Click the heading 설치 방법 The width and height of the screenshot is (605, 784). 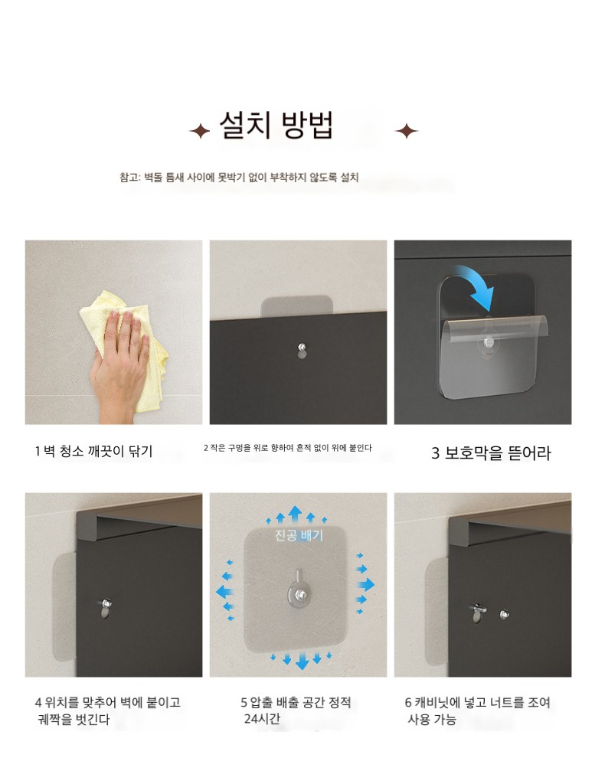point(276,125)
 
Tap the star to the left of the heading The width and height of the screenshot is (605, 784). point(200,132)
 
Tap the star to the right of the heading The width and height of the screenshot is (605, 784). point(407,132)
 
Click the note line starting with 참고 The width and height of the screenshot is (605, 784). point(239,178)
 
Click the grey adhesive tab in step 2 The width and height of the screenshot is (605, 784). point(297,305)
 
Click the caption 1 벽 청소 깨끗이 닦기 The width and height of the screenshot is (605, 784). point(93,451)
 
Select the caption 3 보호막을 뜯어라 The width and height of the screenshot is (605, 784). point(491,453)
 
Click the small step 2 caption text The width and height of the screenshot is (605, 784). point(287,448)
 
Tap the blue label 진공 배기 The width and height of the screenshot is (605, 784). point(299,535)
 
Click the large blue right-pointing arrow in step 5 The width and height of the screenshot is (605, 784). point(366,584)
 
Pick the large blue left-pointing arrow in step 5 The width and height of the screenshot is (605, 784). point(225,592)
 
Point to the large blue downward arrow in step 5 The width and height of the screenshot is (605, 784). point(301,661)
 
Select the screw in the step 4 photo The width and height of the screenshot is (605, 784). point(106,603)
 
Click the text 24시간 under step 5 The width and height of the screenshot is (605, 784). point(261,719)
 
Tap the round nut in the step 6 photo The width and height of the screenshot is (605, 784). point(505,613)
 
